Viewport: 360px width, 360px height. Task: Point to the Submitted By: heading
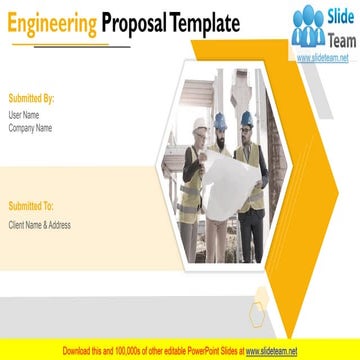click(x=31, y=100)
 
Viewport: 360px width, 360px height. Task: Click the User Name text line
click(x=24, y=115)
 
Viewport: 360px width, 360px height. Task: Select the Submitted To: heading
click(x=31, y=206)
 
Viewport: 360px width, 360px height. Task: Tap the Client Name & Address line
click(x=39, y=224)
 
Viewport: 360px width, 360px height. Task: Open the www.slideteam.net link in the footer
click(x=272, y=352)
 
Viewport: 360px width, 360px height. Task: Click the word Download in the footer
click(x=79, y=352)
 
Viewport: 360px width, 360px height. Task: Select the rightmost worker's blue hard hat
click(x=247, y=117)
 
